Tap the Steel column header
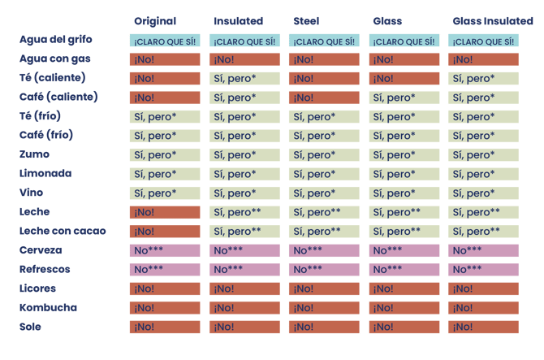point(307,21)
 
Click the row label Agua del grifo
point(54,40)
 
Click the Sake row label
point(31,327)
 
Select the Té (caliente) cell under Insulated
point(244,79)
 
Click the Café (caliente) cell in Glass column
point(404,98)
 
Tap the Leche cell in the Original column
point(165,212)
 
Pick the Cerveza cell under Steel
point(323,250)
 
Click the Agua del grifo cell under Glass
point(404,41)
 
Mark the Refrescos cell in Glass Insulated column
point(483,270)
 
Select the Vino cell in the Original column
point(165,193)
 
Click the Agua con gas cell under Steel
point(323,59)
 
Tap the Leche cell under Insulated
point(244,212)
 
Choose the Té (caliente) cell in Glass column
point(404,79)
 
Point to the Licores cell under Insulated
point(244,288)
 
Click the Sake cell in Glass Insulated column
point(483,327)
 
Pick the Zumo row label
point(34,154)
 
